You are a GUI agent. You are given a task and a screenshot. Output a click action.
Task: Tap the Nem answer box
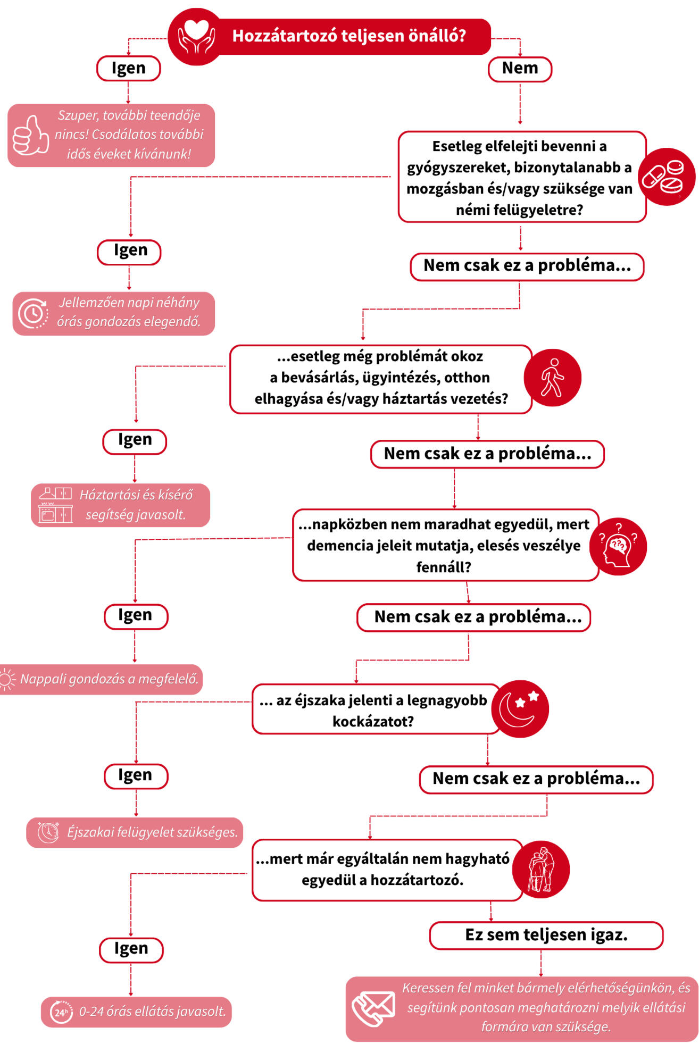point(520,69)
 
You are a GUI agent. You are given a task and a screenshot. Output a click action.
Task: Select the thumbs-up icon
point(30,135)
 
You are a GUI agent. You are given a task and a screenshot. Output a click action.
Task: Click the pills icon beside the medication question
point(667,177)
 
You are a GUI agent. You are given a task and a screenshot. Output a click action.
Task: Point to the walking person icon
point(552,378)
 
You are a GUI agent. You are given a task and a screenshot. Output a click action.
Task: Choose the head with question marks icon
point(618,546)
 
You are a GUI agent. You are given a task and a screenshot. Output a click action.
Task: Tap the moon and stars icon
point(520,709)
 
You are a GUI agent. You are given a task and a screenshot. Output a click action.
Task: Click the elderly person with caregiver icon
point(541,870)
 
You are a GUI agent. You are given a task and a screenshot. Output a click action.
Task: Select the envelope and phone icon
point(373,1008)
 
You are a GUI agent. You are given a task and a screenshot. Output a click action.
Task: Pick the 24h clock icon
point(61,1012)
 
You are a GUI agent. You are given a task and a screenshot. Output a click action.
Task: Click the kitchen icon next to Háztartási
point(55,505)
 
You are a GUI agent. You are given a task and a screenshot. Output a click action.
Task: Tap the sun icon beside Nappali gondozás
point(7,679)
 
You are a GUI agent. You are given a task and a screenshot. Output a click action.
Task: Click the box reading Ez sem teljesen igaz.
point(546,936)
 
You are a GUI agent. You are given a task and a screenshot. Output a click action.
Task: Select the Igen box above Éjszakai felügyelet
point(136,776)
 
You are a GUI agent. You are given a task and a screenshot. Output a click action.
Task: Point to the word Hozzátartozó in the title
point(285,36)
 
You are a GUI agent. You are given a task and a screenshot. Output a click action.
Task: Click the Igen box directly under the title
point(128,69)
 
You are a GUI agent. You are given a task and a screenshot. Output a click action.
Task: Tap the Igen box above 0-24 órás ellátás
point(131,950)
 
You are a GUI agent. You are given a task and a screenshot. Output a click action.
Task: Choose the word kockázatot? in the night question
point(373,721)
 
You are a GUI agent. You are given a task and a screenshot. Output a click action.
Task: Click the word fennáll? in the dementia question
point(444,567)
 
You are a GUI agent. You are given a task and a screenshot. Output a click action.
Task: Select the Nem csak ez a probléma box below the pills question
point(527,266)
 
